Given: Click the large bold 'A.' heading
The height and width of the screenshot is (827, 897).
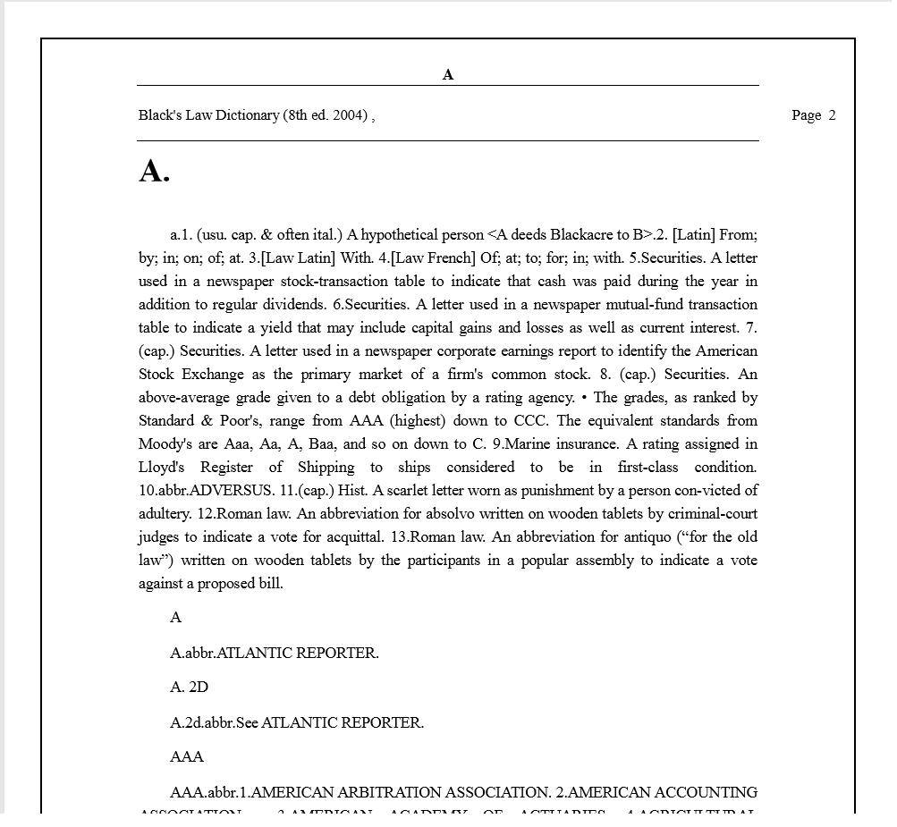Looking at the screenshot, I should tap(154, 171).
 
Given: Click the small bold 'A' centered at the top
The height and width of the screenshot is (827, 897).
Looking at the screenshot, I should tap(448, 75).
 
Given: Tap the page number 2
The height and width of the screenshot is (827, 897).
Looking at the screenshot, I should tap(832, 115).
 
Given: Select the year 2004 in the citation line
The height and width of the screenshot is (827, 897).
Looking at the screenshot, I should tap(349, 115).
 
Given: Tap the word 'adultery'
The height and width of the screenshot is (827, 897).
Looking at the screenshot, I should tap(165, 514).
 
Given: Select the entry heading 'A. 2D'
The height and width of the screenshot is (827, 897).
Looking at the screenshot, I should tap(189, 688).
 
